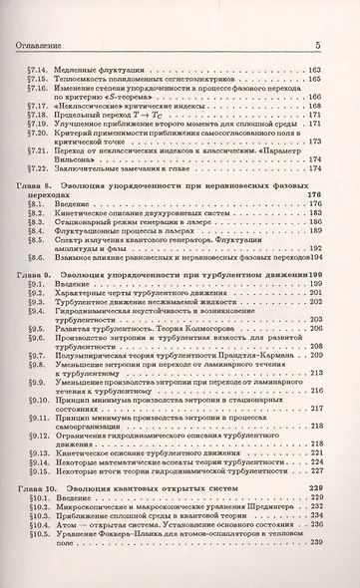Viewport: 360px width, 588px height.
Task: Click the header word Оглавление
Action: coord(38,45)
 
